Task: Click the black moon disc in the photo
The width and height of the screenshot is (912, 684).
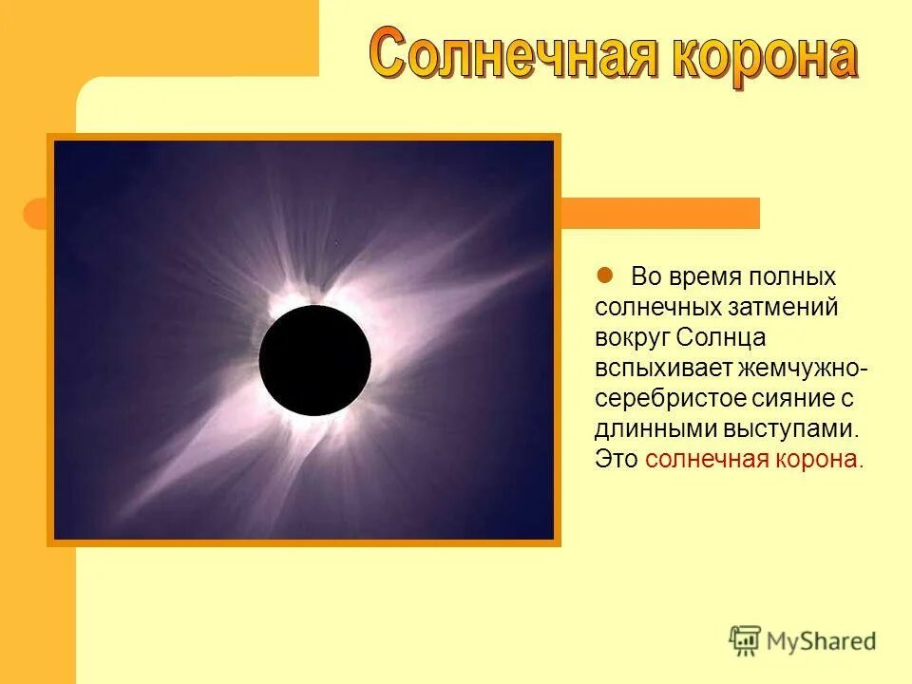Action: [x=314, y=360]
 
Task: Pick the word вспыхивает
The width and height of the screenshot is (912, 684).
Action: [x=652, y=369]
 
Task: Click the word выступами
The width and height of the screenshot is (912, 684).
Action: [x=783, y=429]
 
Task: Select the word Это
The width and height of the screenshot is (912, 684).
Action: [x=617, y=460]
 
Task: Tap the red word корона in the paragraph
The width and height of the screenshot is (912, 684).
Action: [x=815, y=460]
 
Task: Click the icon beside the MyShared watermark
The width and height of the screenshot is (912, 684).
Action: [x=745, y=641]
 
